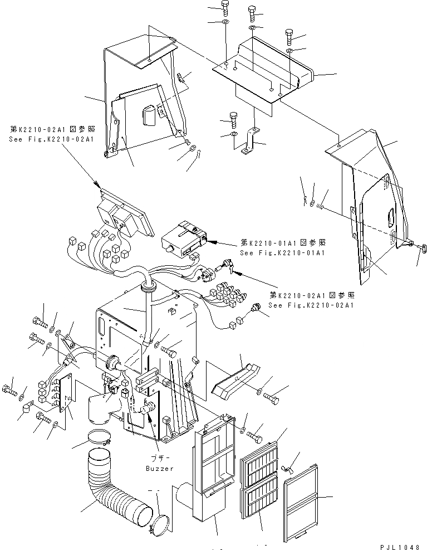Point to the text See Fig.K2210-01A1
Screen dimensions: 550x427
[282, 252]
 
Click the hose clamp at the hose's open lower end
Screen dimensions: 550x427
[160, 522]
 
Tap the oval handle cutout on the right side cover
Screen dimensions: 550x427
[390, 213]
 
